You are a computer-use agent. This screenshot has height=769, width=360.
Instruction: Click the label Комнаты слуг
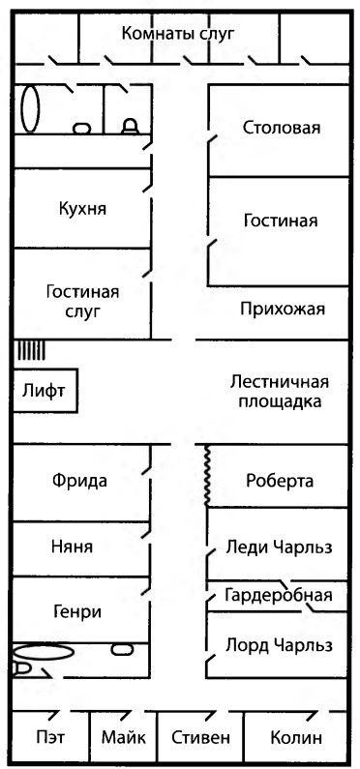[179, 34]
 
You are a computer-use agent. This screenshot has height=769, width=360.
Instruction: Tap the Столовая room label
[281, 129]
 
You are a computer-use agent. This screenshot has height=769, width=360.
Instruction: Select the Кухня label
[82, 208]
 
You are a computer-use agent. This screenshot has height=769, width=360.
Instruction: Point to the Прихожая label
[282, 309]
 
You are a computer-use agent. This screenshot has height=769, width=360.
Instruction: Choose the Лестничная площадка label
[279, 390]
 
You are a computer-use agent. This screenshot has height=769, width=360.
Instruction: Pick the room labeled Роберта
[280, 482]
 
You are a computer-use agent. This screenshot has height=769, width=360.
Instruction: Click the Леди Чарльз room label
[279, 547]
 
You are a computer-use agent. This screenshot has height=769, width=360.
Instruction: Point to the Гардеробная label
[279, 595]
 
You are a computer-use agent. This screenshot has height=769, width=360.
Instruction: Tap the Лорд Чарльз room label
[279, 644]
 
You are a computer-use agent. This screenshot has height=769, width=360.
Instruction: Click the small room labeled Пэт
[49, 738]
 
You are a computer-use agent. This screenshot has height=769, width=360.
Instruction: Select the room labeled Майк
[123, 738]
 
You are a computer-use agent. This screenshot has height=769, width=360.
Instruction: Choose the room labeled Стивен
[199, 738]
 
